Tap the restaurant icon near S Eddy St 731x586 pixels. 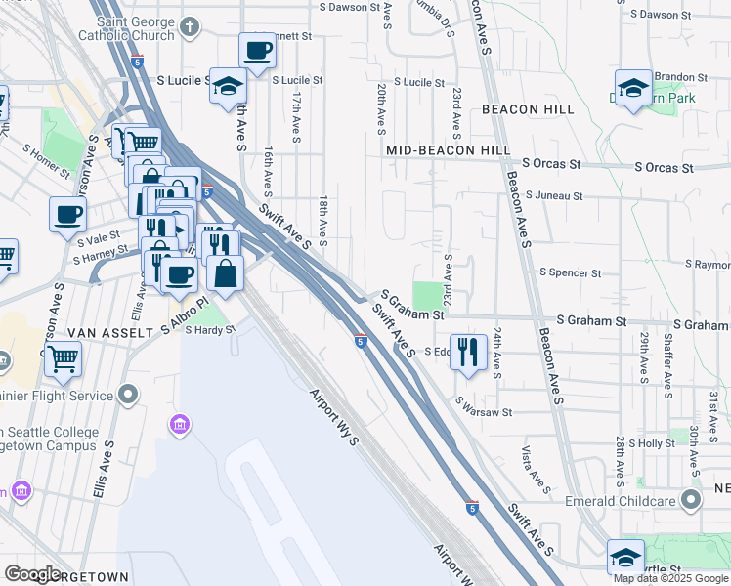[469, 352]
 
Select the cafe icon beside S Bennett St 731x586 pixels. [258, 51]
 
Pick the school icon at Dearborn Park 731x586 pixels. [633, 88]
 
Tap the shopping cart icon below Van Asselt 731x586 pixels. [63, 359]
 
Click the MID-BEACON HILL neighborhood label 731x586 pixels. [449, 150]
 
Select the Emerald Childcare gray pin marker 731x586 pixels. [691, 502]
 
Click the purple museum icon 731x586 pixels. [179, 425]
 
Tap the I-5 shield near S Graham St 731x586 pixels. [361, 341]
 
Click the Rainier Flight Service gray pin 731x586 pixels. [128, 395]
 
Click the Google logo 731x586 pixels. [33, 574]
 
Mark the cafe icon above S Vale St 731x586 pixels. [67, 214]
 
